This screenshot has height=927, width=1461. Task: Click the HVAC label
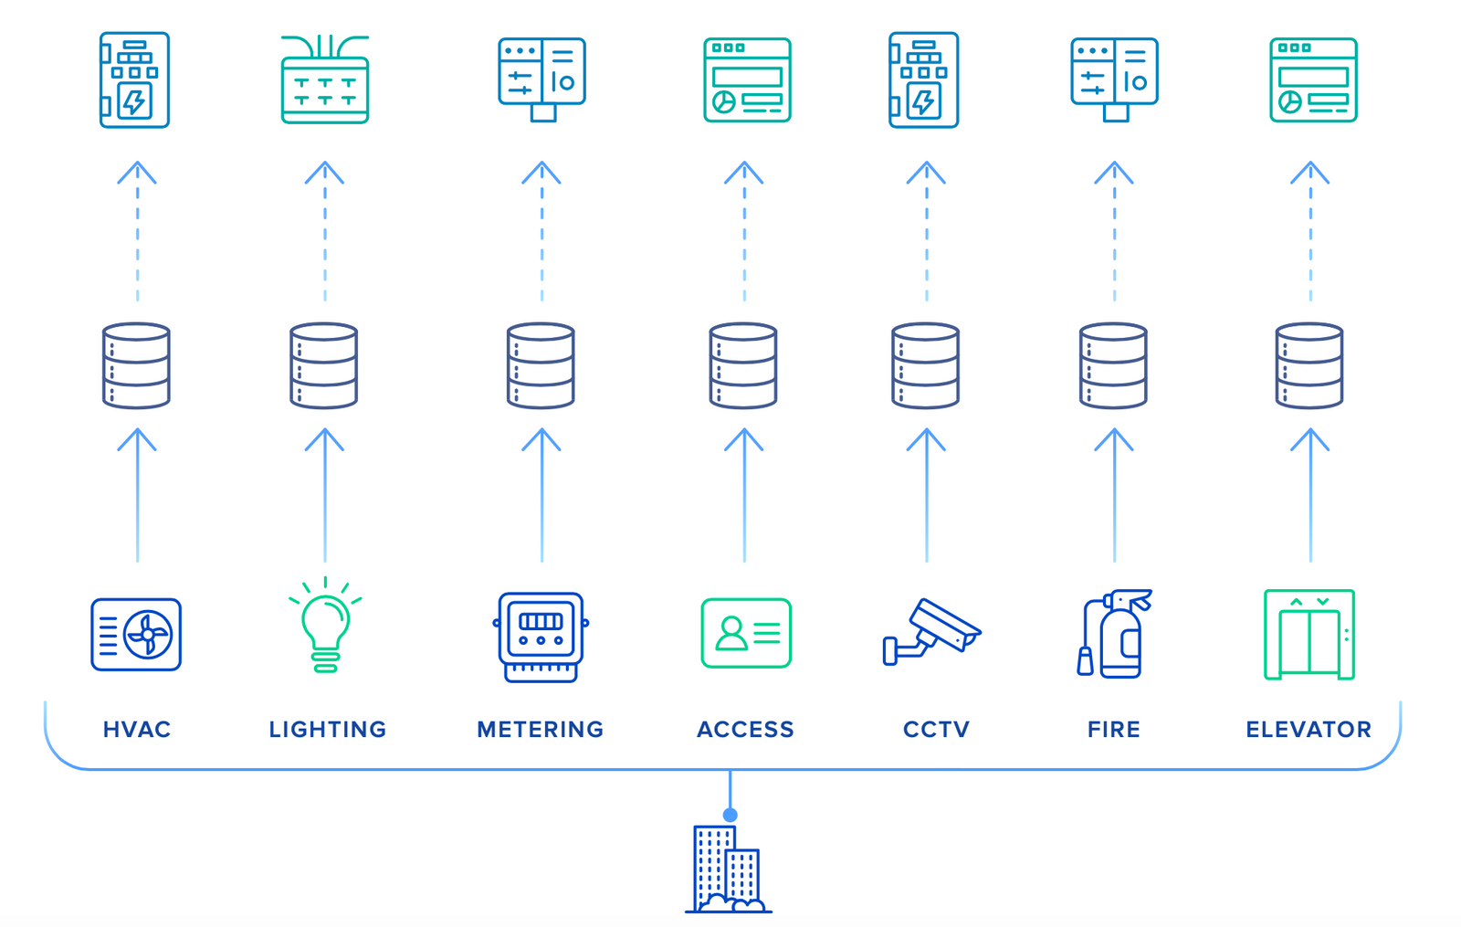coord(137,729)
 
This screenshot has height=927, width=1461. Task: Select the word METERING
coord(541,729)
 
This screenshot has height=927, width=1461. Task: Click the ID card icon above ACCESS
coord(745,633)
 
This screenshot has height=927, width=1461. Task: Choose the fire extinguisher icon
coord(1114,634)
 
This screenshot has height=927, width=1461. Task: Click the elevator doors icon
coord(1309,635)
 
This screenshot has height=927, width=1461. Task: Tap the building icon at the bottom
coord(728,869)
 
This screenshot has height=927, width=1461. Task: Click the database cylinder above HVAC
coord(136,365)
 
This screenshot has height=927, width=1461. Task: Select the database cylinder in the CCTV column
coord(925,365)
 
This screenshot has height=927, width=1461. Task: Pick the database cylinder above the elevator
coord(1309,365)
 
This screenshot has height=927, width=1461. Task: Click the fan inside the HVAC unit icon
coord(148,635)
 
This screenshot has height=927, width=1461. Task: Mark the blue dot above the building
coord(730,815)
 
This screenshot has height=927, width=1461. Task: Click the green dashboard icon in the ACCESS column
coord(746,80)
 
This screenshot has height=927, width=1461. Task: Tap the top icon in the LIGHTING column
coord(325,80)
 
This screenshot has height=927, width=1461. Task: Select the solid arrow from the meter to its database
coord(541,498)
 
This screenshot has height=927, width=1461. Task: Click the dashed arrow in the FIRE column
coord(1114,233)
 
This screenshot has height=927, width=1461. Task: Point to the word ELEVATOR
coord(1309,729)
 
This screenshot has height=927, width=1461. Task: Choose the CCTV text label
coord(936,729)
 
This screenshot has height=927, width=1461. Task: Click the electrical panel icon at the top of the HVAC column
coord(134,80)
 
